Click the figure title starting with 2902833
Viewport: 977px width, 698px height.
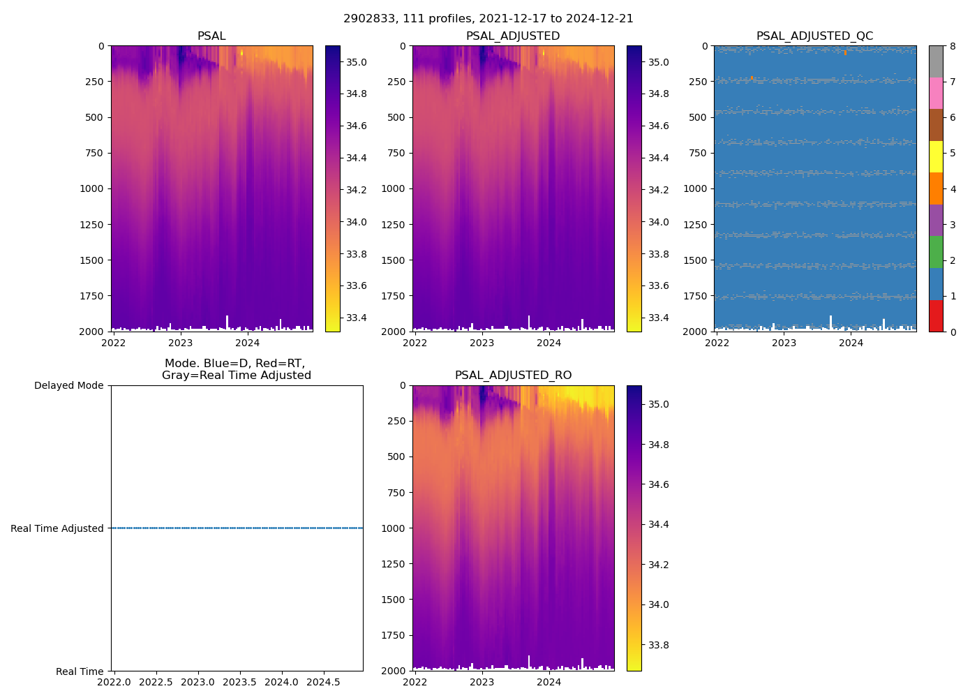(x=488, y=19)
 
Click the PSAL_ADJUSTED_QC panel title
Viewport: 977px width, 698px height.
(x=814, y=36)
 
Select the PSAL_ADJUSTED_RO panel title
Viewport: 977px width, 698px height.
(x=513, y=376)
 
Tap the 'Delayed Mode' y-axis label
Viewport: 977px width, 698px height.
(x=68, y=385)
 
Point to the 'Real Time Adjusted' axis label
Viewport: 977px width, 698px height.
(x=57, y=528)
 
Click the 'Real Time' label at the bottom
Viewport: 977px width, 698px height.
(x=80, y=671)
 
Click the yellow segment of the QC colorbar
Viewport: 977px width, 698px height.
(x=936, y=156)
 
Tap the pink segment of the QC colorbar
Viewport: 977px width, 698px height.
(x=936, y=93)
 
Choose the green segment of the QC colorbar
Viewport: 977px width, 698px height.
(x=936, y=251)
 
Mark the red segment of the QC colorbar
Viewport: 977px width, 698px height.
(x=936, y=315)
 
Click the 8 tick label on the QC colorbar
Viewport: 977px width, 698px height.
(x=953, y=46)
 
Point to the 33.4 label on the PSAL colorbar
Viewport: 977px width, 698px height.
(x=357, y=318)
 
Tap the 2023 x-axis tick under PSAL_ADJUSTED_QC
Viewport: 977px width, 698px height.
(x=784, y=343)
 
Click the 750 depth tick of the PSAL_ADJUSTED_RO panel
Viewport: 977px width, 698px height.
(x=397, y=493)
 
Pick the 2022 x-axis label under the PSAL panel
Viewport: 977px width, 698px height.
(x=114, y=343)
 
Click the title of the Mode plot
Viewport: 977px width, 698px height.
(x=236, y=369)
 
